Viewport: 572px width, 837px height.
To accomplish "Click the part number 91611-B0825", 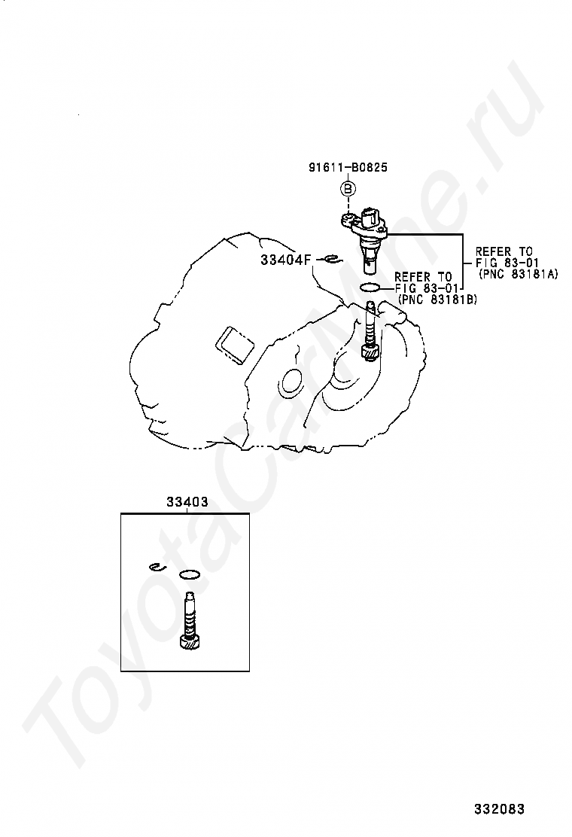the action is (348, 167).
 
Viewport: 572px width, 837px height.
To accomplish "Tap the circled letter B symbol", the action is (348, 188).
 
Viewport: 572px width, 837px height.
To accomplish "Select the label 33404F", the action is (285, 260).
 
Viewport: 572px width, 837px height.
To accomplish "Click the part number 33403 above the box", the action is (187, 502).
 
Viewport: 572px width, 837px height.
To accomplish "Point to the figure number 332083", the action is (500, 808).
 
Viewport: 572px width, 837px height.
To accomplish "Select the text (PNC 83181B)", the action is (437, 300).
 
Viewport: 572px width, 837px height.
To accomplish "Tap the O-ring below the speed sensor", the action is (370, 288).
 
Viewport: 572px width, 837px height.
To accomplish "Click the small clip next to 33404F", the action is (333, 260).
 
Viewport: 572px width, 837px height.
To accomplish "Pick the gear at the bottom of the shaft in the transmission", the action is (370, 353).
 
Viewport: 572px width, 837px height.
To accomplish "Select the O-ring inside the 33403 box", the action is (190, 575).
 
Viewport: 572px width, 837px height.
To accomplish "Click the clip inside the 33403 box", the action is (157, 566).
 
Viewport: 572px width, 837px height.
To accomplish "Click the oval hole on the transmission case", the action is (291, 381).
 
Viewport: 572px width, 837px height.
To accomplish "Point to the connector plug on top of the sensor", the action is (373, 217).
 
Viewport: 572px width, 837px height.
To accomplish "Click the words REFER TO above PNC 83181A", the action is (504, 251).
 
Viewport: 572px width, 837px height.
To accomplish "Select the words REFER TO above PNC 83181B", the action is (423, 276).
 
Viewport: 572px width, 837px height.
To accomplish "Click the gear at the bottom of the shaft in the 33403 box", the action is (190, 642).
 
